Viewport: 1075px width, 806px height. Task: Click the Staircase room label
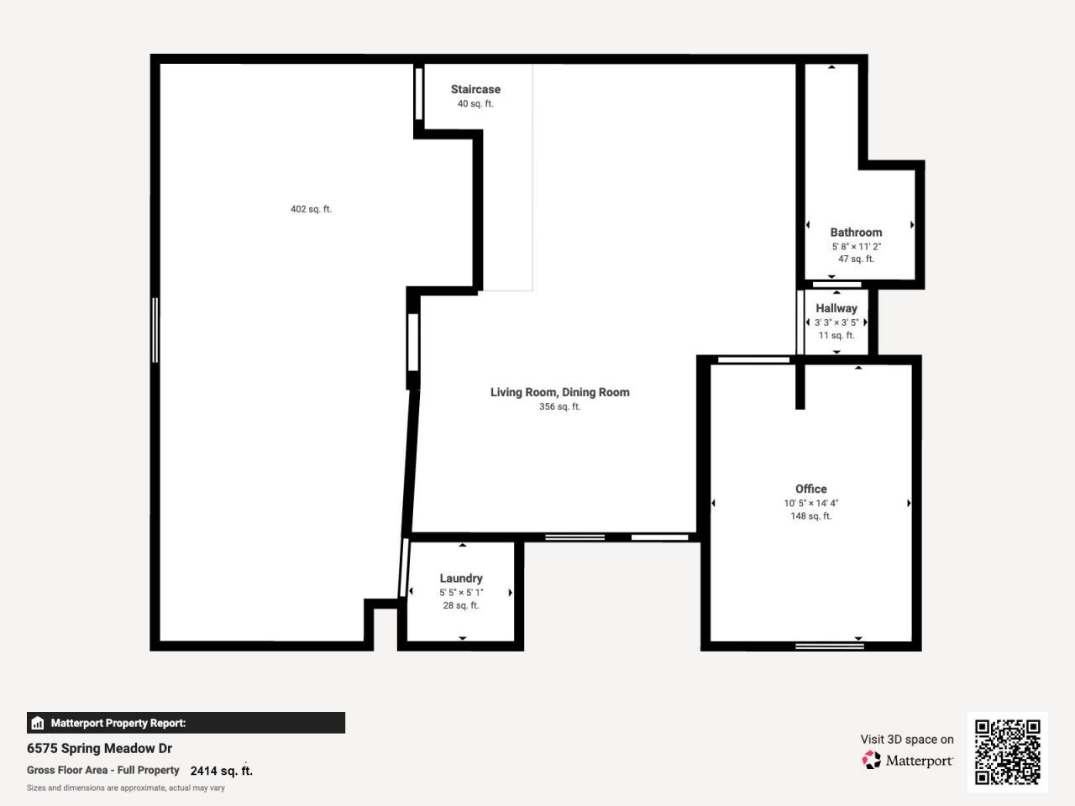475,89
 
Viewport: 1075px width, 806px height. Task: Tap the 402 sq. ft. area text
311,209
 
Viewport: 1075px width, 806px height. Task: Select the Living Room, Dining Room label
559,392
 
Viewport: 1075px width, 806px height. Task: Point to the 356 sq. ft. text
559,406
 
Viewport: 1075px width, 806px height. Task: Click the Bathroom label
856,233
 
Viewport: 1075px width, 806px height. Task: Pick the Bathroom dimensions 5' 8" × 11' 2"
856,247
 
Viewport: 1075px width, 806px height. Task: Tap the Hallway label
836,308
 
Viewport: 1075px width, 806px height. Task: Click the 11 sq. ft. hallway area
836,335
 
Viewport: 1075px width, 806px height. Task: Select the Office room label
811,489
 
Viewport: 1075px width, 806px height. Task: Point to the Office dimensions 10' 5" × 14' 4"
811,503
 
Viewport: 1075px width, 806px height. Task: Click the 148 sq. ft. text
811,516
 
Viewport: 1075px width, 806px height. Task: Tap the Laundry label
461,578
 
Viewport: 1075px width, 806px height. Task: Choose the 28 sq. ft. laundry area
461,605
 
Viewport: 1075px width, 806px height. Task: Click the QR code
1007,751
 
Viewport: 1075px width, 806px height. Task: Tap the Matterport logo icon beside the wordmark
872,760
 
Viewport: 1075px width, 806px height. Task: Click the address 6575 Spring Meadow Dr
99,748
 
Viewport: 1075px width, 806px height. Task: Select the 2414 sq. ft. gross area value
221,771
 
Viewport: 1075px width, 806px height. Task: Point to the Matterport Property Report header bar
186,723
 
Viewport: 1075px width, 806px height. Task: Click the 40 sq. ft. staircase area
475,104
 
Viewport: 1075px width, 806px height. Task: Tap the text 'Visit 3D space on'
907,740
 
